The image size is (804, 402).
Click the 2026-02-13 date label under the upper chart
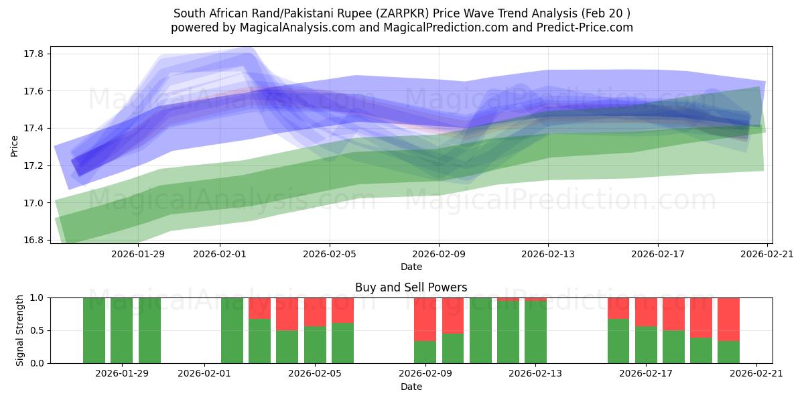(548, 254)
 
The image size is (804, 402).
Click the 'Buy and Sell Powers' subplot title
(411, 287)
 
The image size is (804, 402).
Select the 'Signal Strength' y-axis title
(20, 330)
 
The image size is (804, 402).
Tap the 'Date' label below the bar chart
(411, 387)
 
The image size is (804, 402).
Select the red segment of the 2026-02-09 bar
(425, 319)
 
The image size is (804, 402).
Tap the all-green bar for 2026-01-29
(122, 330)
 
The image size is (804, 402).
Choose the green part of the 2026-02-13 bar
(535, 332)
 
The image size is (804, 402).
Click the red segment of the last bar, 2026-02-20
(728, 319)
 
